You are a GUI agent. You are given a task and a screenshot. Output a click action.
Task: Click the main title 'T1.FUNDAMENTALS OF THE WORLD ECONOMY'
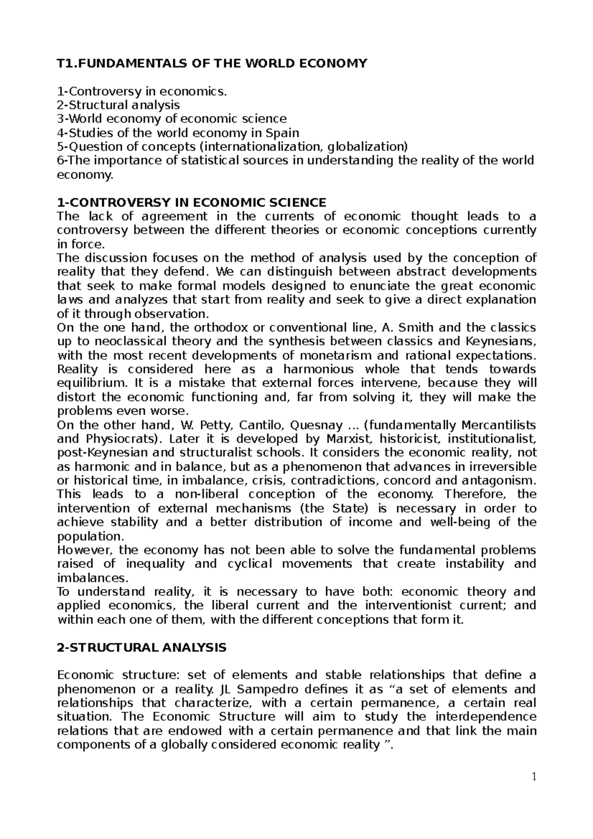212,63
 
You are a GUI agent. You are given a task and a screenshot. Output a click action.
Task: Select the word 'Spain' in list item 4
283,133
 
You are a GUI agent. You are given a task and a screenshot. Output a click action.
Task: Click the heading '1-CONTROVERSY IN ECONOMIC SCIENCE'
192,203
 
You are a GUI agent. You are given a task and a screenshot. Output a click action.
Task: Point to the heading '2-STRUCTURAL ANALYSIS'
142,648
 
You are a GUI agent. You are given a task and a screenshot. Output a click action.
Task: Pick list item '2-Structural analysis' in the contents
119,105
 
